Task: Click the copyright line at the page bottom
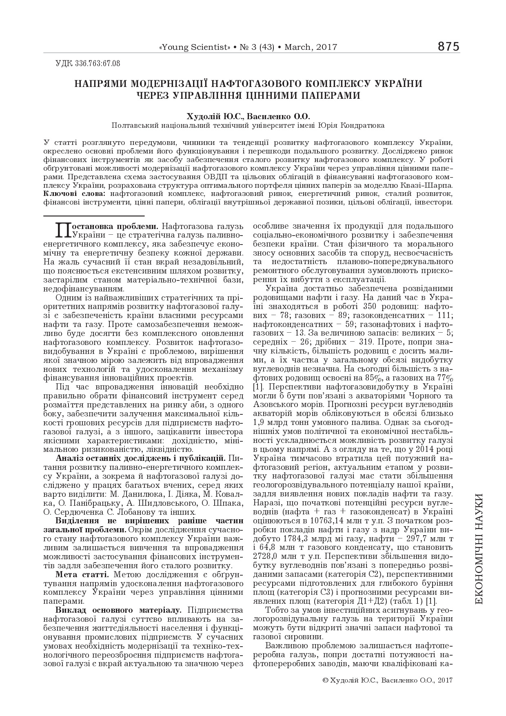click(x=387, y=680)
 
